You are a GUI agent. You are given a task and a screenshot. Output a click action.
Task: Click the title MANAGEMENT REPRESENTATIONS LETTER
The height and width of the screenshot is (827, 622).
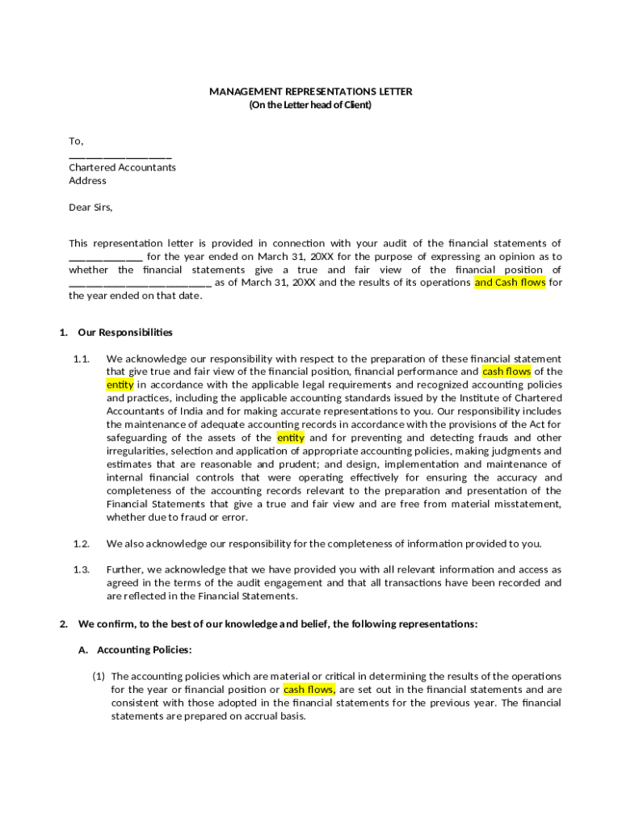point(310,91)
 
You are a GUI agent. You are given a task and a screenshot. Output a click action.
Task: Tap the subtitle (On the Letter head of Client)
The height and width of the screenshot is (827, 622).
point(310,105)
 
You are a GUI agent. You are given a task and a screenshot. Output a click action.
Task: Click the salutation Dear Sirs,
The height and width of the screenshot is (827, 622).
point(90,207)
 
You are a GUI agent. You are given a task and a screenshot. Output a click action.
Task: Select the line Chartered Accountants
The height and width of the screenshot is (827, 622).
point(122,167)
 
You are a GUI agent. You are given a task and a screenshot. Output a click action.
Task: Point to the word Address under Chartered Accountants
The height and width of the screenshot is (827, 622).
point(87,180)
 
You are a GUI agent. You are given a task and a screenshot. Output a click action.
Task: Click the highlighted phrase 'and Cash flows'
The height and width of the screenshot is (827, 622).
point(510,283)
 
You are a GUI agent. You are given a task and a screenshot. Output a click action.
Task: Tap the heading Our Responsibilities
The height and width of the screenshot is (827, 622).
point(125,332)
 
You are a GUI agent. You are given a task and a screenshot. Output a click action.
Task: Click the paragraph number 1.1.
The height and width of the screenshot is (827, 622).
point(81,359)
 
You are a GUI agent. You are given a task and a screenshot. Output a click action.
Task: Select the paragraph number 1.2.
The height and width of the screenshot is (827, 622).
point(81,543)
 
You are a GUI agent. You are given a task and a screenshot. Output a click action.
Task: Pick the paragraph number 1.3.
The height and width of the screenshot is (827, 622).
point(81,569)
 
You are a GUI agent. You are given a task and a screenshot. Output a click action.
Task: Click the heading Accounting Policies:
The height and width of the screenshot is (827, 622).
point(145,649)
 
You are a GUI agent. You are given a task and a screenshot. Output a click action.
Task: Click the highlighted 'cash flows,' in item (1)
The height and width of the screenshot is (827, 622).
point(309,690)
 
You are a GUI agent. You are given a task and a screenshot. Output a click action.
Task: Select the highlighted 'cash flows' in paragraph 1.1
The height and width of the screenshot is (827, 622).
point(506,372)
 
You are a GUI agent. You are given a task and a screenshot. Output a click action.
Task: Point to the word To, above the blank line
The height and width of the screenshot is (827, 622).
point(76,141)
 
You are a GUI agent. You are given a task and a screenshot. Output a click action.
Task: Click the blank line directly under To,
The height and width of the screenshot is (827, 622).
point(120,156)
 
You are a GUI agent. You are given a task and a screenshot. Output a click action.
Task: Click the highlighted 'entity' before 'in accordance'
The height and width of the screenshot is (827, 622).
point(120,384)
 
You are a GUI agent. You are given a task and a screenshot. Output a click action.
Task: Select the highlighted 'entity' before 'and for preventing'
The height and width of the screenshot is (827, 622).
point(290,438)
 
